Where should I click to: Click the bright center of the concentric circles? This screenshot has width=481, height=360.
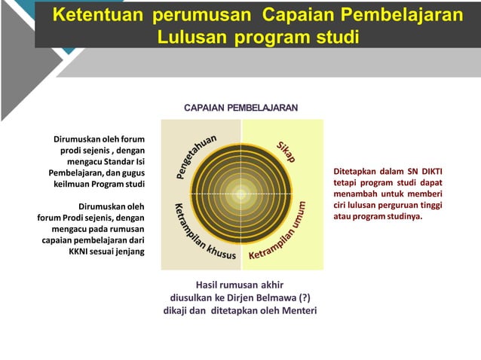pos(241,194)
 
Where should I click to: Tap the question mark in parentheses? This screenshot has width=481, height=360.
pos(305,298)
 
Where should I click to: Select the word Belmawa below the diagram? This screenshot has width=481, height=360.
pos(269,298)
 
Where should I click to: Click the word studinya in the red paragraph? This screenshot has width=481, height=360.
pos(403,217)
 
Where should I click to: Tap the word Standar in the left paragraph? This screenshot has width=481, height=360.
pos(118,160)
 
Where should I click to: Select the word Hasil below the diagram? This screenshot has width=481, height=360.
pos(207,285)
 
